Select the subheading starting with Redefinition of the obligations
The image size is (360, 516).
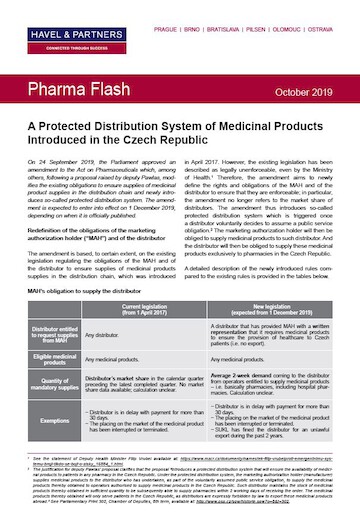click(x=96, y=209)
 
